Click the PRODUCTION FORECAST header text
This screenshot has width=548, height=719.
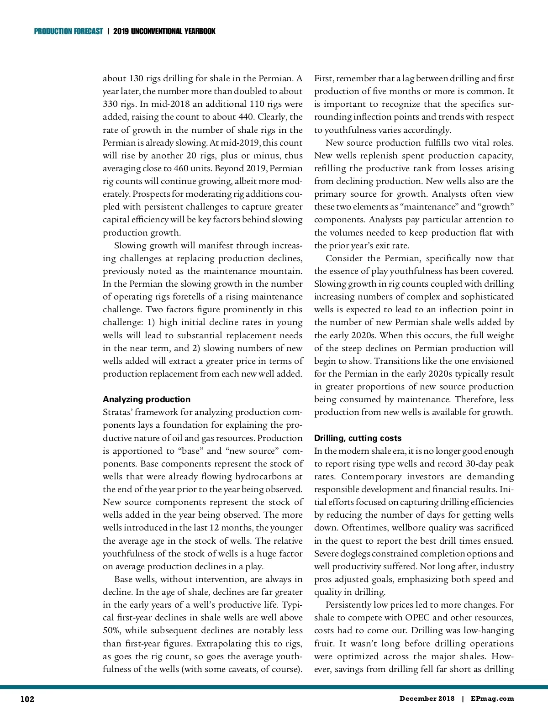(68, 31)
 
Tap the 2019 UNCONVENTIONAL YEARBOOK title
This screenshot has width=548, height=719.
(164, 31)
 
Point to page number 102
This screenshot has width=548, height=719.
(27, 699)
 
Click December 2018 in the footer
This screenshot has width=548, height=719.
(427, 698)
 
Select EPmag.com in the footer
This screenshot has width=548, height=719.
(492, 698)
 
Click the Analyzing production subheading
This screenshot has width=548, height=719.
(147, 399)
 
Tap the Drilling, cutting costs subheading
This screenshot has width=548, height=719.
(358, 438)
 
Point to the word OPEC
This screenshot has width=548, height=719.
(417, 618)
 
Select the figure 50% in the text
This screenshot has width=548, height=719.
(111, 630)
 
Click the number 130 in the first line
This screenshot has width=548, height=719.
(137, 79)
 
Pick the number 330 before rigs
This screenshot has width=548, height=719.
(111, 104)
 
